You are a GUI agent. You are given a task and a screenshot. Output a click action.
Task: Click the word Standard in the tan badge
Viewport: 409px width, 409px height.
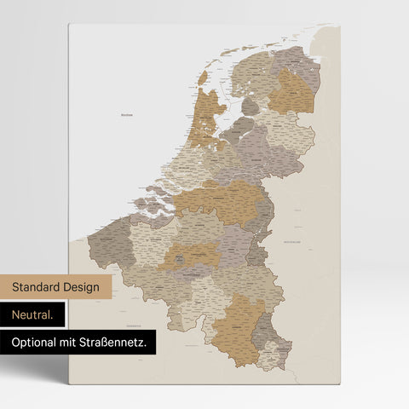[x=39, y=287]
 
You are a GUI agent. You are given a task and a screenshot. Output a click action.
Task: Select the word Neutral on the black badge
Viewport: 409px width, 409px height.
[x=32, y=315]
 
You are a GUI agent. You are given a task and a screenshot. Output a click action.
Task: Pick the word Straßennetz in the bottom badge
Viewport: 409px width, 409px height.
[x=118, y=343]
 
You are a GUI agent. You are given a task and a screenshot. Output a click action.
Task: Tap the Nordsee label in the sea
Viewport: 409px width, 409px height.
[x=128, y=113]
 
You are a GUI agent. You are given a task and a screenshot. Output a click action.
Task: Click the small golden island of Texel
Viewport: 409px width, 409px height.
[x=203, y=78]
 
